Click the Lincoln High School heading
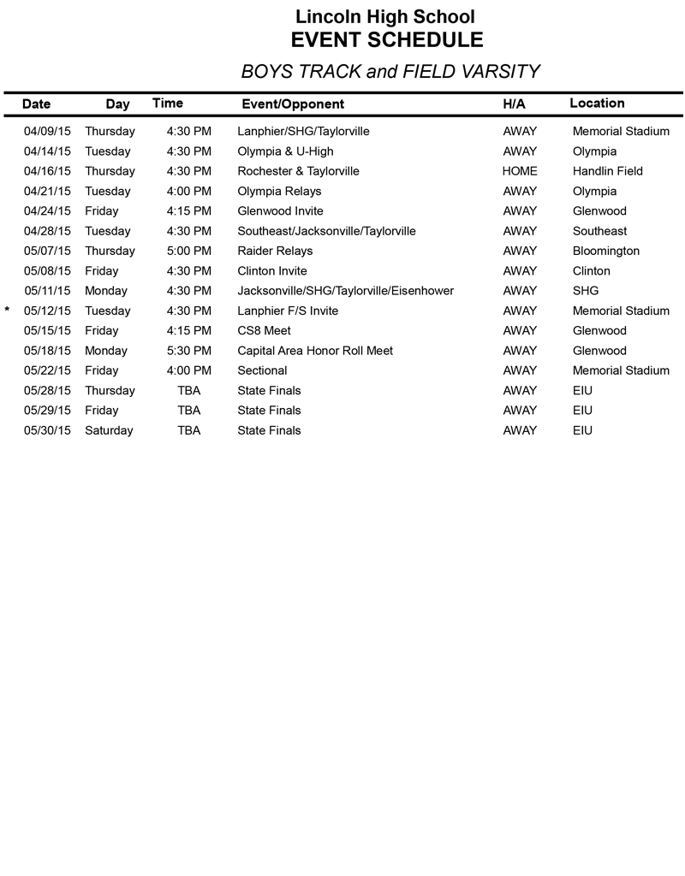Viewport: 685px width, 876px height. click(x=385, y=16)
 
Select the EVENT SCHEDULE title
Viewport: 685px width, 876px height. click(x=387, y=40)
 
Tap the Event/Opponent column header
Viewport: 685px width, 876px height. click(x=293, y=104)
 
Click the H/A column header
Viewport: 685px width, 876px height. click(x=514, y=104)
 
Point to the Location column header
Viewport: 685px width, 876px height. click(x=597, y=104)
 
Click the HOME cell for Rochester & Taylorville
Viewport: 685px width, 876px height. click(x=520, y=171)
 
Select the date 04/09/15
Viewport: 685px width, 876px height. click(x=48, y=132)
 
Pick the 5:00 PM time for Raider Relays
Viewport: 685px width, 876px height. click(x=188, y=252)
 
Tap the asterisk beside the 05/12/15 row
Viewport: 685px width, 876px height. click(x=8, y=311)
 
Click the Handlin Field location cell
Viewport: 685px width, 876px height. click(x=607, y=171)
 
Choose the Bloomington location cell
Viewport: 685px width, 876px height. click(x=606, y=252)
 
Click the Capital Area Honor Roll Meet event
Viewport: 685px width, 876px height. click(x=315, y=351)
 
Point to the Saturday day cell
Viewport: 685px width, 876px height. click(x=109, y=431)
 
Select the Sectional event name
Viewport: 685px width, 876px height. click(x=262, y=371)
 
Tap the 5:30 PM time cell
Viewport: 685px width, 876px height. click(x=188, y=351)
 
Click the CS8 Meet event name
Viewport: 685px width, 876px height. click(x=264, y=331)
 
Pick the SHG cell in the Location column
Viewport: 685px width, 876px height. click(x=586, y=291)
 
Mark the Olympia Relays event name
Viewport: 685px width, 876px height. click(x=279, y=192)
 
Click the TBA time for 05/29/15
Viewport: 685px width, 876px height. click(x=188, y=411)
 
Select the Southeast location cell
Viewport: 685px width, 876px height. click(x=599, y=231)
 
